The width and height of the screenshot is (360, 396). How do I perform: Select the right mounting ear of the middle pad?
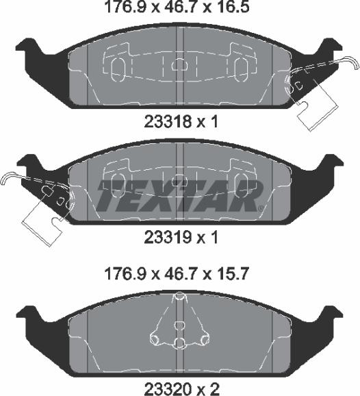[333, 166]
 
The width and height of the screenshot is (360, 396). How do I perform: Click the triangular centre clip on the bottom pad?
[179, 322]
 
